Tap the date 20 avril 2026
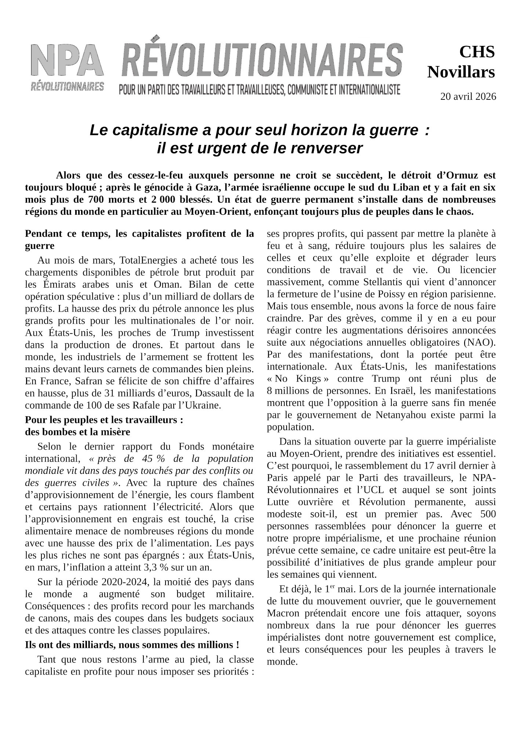[x=468, y=97]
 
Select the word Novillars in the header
[x=461, y=72]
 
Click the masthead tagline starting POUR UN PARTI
[x=259, y=90]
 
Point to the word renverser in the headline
[x=327, y=148]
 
